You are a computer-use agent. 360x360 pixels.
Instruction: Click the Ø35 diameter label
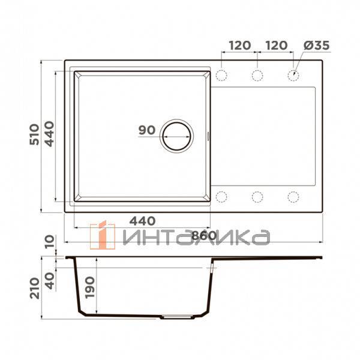click(x=317, y=46)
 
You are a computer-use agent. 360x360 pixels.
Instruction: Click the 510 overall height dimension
click(x=34, y=134)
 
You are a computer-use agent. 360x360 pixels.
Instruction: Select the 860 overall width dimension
click(x=204, y=235)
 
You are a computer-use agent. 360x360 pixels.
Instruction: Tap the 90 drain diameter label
click(x=147, y=130)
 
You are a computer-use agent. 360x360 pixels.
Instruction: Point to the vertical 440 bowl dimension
click(x=49, y=134)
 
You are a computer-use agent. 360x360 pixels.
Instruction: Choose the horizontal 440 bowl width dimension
click(x=142, y=221)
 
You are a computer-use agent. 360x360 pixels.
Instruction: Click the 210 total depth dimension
click(x=35, y=288)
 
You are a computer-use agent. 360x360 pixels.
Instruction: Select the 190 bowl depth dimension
click(x=89, y=287)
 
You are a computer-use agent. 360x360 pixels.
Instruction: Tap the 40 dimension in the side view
click(x=50, y=281)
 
